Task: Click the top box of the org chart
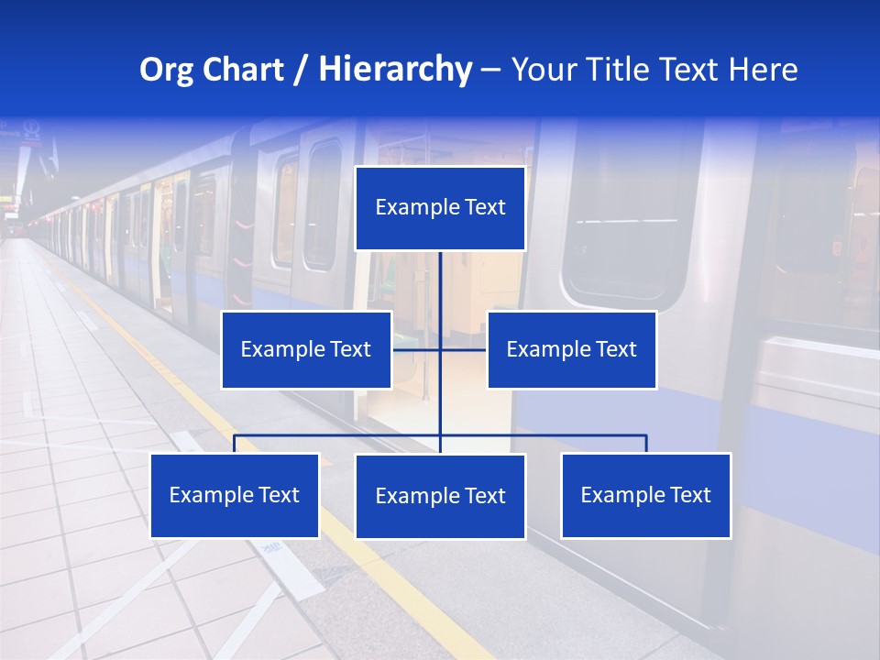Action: coord(440,207)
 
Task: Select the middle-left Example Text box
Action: coord(306,349)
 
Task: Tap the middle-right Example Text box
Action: coord(571,349)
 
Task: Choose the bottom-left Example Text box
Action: coord(234,495)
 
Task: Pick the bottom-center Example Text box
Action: coord(440,496)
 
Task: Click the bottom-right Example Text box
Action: coord(645,495)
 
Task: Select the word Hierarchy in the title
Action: coord(394,70)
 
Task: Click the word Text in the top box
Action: coord(485,207)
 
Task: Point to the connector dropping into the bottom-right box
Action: coord(645,444)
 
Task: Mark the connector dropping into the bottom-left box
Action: coord(235,444)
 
